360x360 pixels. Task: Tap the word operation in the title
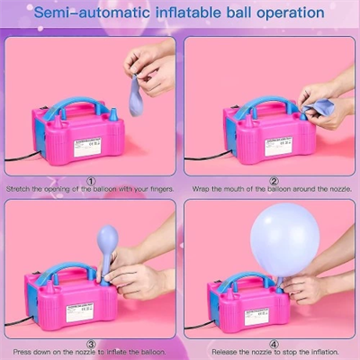285,13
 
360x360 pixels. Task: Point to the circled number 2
274,179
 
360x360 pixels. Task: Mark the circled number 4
274,343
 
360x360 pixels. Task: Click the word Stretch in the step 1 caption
20,189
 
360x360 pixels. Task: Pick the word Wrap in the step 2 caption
202,189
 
